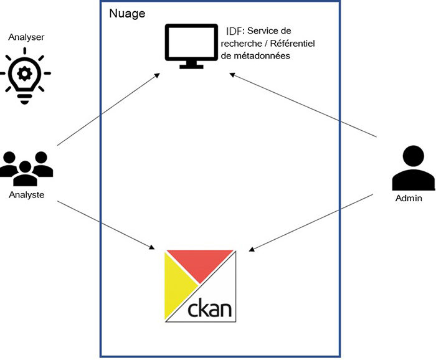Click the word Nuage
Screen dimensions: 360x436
point(128,12)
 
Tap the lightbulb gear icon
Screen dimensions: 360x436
point(25,75)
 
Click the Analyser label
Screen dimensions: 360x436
point(26,37)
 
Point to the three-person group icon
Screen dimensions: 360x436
point(26,168)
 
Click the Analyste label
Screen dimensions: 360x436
point(26,195)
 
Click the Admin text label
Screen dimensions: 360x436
point(409,199)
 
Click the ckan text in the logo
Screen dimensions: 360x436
point(211,308)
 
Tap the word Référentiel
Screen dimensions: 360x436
point(290,43)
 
